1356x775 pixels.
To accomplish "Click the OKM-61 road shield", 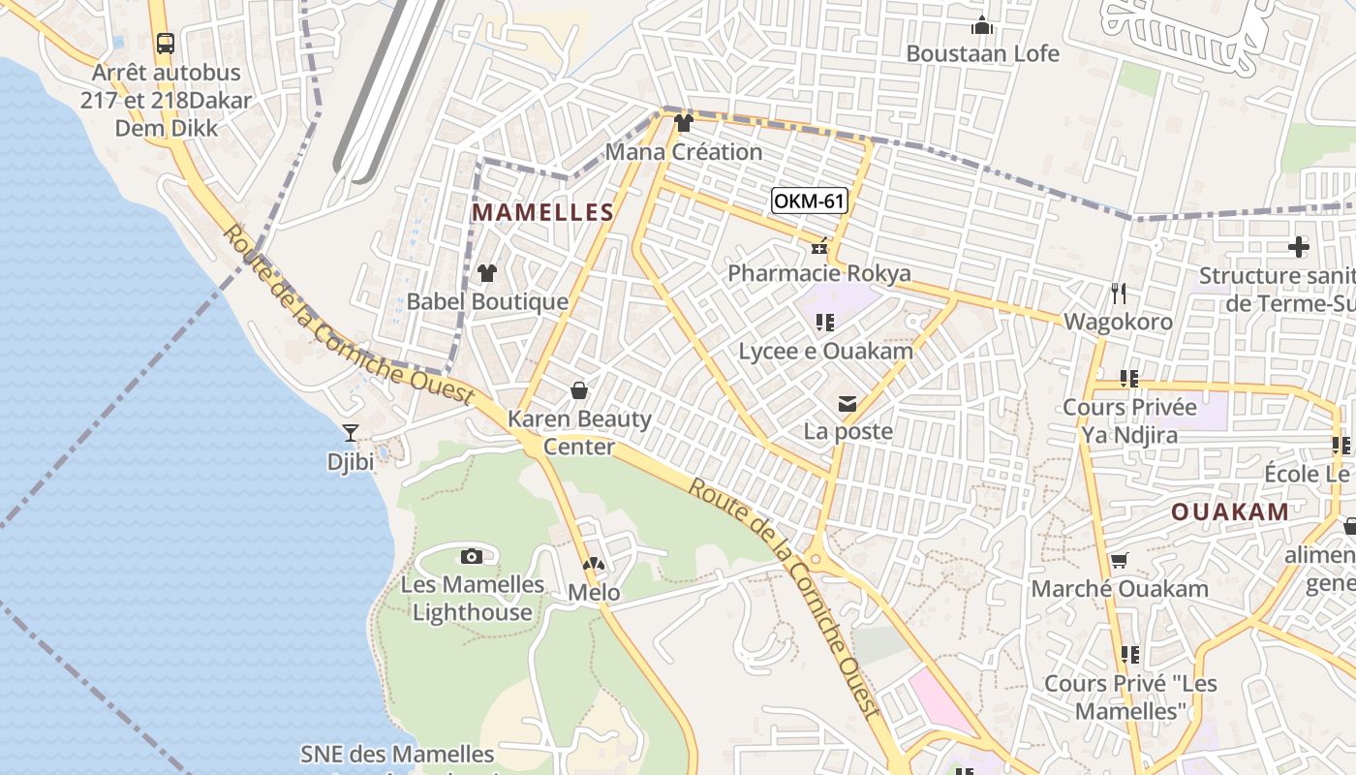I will [810, 201].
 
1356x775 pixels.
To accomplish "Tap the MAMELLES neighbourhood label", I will [543, 213].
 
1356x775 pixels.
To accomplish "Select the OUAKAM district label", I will [1230, 511].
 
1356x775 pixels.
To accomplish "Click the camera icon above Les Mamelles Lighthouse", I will [472, 556].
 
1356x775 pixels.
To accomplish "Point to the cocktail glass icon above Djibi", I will [351, 432].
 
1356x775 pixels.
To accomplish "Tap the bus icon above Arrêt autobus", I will [166, 44].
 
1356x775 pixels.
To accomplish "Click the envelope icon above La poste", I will [847, 403].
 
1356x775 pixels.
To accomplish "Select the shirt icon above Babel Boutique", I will [487, 273].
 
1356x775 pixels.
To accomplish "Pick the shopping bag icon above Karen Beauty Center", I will [579, 390].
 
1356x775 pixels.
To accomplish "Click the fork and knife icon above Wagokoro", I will [1119, 293].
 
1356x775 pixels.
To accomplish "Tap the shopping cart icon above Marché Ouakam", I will [1119, 560].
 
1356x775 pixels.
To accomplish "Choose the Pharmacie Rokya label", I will [819, 273].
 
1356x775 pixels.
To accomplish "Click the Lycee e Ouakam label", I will [825, 351].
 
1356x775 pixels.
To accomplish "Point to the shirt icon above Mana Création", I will [684, 123].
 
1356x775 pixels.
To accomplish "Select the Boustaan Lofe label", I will [982, 53].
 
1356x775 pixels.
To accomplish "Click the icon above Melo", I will [594, 563].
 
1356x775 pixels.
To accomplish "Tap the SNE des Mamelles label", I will [397, 754].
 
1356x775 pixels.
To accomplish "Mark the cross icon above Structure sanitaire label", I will [1299, 247].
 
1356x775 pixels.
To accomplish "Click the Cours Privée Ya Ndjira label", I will [1129, 420].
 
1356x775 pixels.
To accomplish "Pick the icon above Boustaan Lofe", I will [982, 25].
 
